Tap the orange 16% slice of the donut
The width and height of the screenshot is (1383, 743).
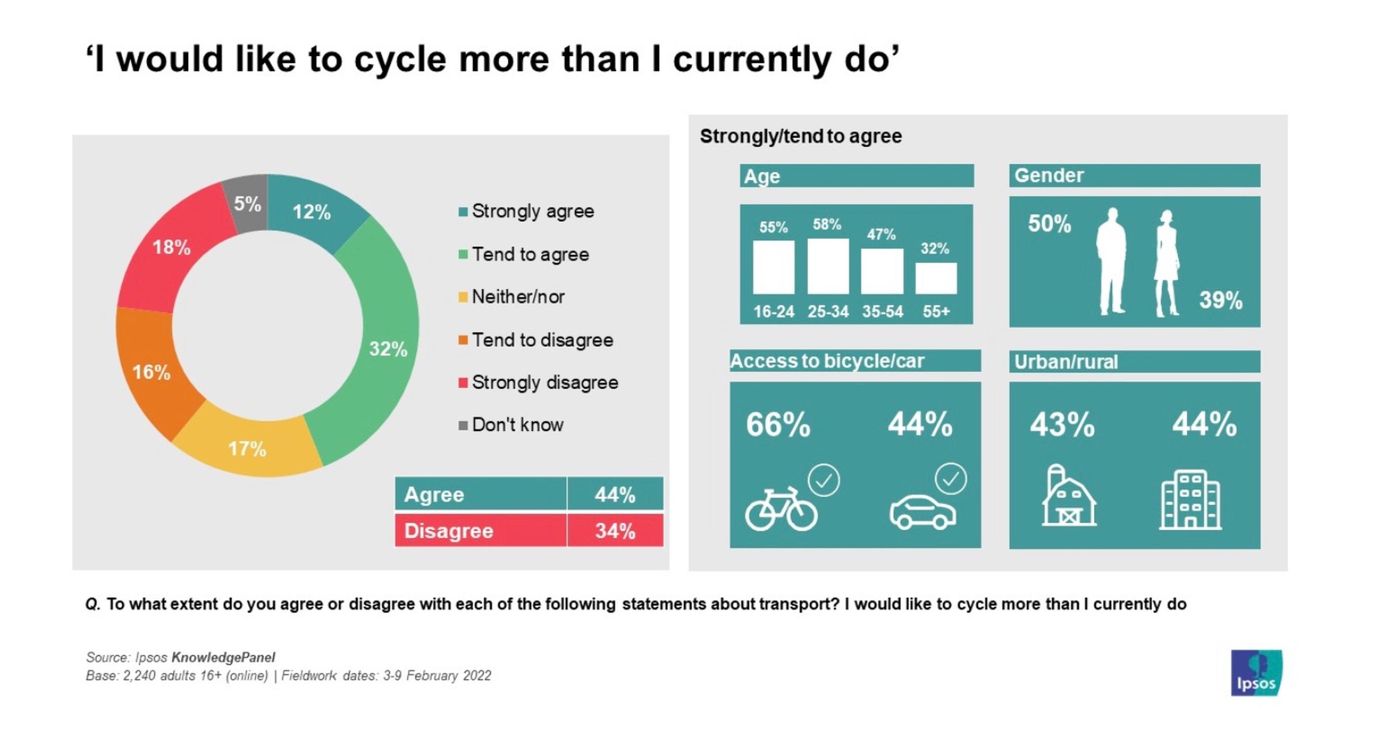[x=152, y=372]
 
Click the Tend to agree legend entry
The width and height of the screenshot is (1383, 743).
[x=524, y=254]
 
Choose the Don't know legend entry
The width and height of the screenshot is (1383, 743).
[x=511, y=425]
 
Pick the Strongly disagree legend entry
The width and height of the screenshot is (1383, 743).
[x=539, y=383]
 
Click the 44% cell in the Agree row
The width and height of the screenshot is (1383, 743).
[x=615, y=494]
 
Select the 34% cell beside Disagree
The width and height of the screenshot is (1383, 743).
[x=615, y=531]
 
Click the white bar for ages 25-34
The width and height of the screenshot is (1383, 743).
[x=828, y=266]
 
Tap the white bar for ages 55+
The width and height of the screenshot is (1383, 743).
[x=936, y=278]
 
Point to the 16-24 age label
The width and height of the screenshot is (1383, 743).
[x=773, y=312]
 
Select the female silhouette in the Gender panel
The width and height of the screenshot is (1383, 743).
[x=1166, y=263]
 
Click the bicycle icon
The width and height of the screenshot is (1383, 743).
[x=781, y=509]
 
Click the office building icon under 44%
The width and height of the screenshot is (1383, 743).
[x=1190, y=500]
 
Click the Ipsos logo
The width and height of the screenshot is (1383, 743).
[x=1256, y=673]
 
